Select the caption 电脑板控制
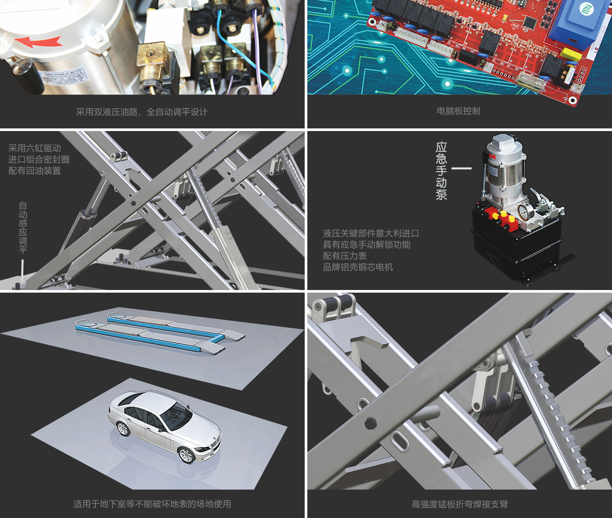tap(458, 111)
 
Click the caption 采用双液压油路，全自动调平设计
tap(142, 112)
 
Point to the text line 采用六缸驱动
tap(35, 148)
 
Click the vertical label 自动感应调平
tap(23, 228)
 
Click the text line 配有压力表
tap(344, 256)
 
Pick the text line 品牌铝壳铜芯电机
tap(358, 267)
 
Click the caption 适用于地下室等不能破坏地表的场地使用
tap(152, 504)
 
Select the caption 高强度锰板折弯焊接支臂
tap(459, 504)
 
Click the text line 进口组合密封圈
tap(39, 159)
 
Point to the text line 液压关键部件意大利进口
tap(371, 233)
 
